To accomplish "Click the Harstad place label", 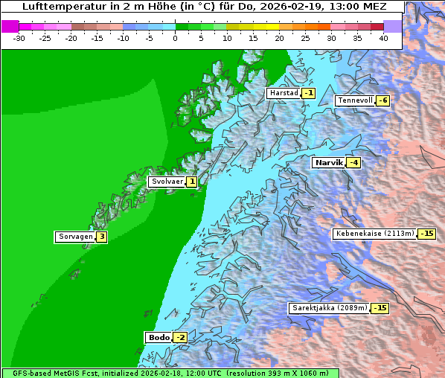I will coord(284,94).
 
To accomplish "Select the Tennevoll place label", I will coord(355,100).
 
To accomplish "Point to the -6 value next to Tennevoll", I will coord(382,100).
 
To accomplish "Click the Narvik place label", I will coord(328,162).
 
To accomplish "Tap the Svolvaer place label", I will coord(167,182).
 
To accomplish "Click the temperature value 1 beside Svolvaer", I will coord(191,182).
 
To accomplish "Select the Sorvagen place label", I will coord(75,237).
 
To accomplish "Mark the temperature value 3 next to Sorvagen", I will coord(101,237).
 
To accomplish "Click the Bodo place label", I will coord(159,338).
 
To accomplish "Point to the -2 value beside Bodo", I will coord(180,338).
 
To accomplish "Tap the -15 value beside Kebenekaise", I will coord(426,234).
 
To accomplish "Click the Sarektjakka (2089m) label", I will coord(329,308).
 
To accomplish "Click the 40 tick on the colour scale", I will coord(383,37).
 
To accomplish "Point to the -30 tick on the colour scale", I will coord(19,37).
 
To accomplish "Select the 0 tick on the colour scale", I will coord(176,37).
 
